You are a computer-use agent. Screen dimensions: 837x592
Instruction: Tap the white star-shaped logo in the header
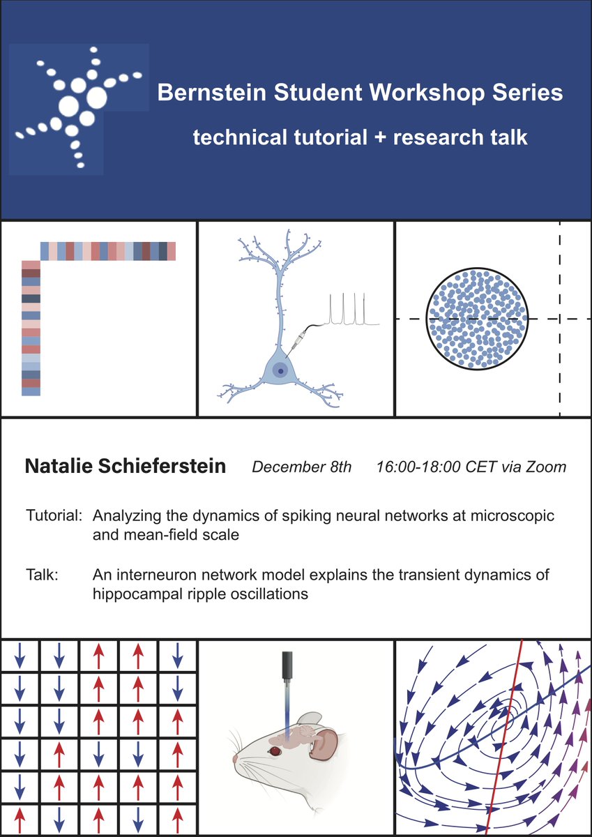pos(78,105)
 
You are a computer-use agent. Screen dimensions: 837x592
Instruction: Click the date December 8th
pos(302,467)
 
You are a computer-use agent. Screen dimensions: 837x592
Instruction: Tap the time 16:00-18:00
pos(417,467)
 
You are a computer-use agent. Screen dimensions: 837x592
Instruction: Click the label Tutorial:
pos(54,518)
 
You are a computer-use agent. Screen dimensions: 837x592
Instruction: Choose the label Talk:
pos(42,575)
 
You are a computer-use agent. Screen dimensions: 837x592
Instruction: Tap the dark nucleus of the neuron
pos(280,372)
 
